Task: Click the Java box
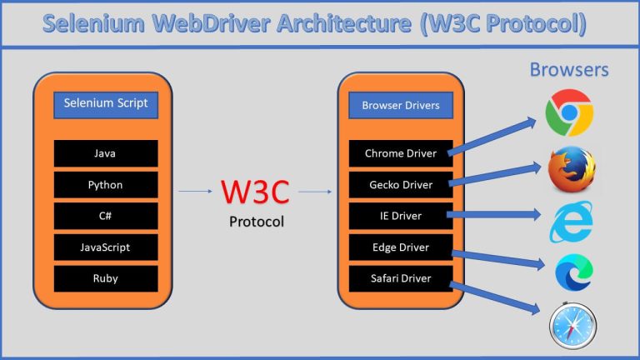point(105,153)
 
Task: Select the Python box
point(105,184)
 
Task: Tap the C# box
point(105,216)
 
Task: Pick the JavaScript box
point(105,247)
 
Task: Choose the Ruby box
point(105,278)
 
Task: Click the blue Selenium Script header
point(105,104)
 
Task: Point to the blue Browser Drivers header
point(400,106)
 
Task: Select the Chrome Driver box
point(400,153)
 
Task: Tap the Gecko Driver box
point(400,184)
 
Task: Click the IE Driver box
point(400,216)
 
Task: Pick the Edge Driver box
point(400,247)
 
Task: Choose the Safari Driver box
point(400,278)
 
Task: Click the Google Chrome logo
point(569,112)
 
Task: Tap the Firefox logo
point(572,169)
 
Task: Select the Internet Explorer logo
point(572,221)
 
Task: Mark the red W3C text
point(255,192)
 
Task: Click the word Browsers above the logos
point(569,69)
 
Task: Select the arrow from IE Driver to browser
point(496,216)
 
